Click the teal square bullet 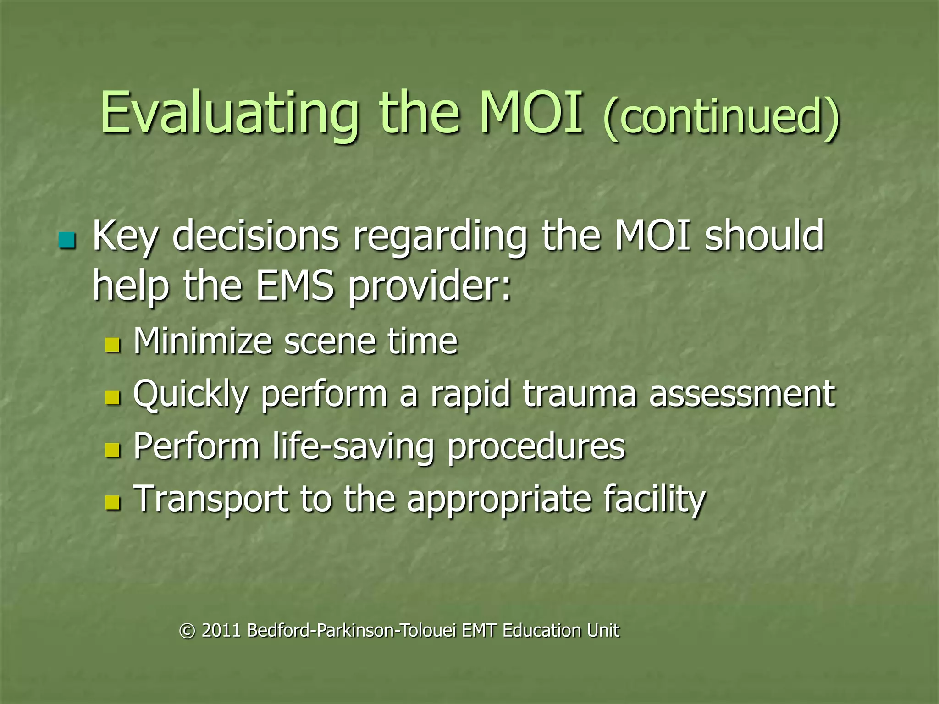[x=67, y=240]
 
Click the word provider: [x=429, y=286]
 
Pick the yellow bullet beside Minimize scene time [x=112, y=345]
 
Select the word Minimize [x=203, y=341]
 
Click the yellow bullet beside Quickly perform [x=112, y=397]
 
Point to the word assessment [x=742, y=394]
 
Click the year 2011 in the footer [x=221, y=631]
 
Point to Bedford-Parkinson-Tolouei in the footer [x=351, y=631]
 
